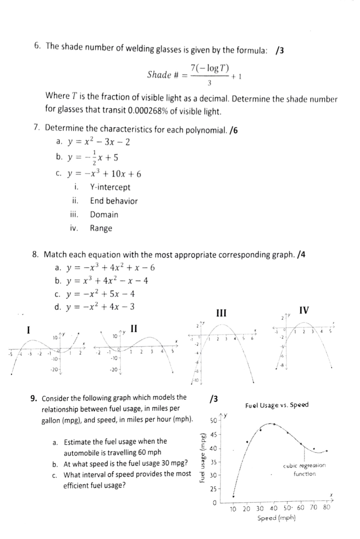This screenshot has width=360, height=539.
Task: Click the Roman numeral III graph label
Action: [x=221, y=313]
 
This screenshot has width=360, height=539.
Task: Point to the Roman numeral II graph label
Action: [x=134, y=328]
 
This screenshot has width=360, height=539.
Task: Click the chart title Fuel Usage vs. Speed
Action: [x=277, y=405]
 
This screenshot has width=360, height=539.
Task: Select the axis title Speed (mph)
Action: [x=276, y=518]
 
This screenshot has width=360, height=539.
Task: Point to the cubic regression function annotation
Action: [x=304, y=469]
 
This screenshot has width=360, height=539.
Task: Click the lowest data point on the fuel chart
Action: [x=233, y=496]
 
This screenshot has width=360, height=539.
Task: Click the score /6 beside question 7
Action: [x=233, y=130]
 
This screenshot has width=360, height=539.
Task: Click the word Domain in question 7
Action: [x=104, y=214]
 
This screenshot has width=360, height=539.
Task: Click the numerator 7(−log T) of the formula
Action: [x=210, y=68]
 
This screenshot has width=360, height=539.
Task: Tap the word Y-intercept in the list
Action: [x=110, y=187]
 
